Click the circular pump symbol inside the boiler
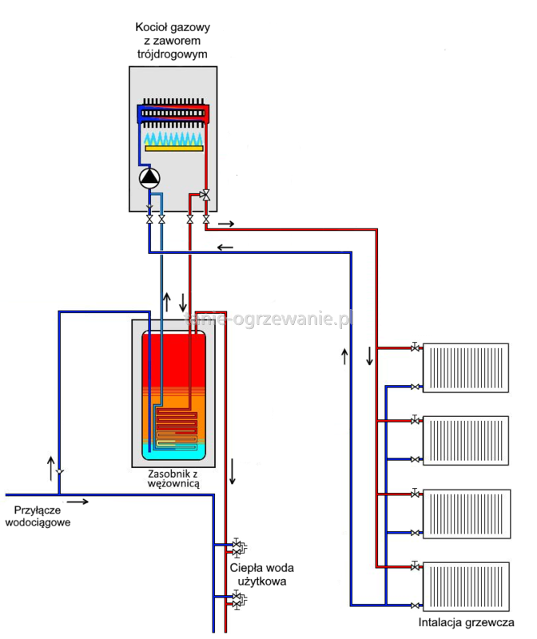(x=149, y=177)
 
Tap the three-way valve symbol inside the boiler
(x=205, y=194)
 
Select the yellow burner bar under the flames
(x=174, y=149)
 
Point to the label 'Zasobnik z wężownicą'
(x=173, y=478)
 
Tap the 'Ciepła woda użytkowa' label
(x=261, y=574)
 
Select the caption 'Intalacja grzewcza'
(x=466, y=623)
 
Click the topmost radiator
(x=465, y=367)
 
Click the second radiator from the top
(x=465, y=439)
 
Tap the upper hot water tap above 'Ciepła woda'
(x=237, y=547)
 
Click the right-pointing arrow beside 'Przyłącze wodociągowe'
(x=78, y=502)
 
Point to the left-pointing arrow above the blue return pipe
(x=225, y=247)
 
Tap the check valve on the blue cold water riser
(x=60, y=471)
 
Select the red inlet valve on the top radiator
(x=415, y=347)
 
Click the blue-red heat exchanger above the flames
(x=174, y=113)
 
